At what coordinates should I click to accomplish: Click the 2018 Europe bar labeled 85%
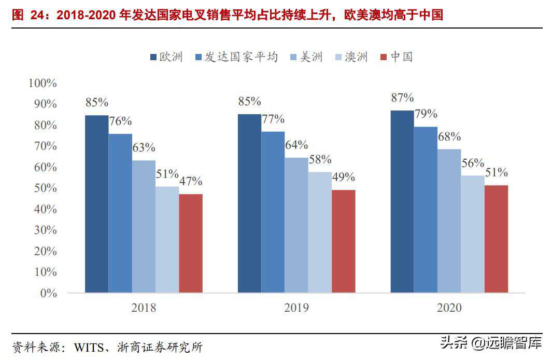tap(97, 204)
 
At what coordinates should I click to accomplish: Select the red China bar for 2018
tap(191, 243)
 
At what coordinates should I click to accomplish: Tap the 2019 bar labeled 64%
tap(296, 225)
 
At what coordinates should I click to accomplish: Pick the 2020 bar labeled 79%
tap(426, 210)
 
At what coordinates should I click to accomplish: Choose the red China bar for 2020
tap(496, 239)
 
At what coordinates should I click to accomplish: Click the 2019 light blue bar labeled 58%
tap(320, 232)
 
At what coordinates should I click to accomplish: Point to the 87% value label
tap(402, 98)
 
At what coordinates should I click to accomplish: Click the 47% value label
tap(190, 182)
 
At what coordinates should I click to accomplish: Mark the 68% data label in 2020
tap(449, 137)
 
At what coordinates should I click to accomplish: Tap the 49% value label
tap(343, 177)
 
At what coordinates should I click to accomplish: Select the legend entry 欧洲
tap(166, 57)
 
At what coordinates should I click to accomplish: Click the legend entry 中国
tap(397, 57)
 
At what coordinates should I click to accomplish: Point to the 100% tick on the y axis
tap(43, 83)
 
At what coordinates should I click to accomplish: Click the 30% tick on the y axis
tap(46, 230)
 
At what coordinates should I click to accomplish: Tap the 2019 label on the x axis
tap(296, 308)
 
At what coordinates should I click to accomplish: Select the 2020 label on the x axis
tap(449, 308)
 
